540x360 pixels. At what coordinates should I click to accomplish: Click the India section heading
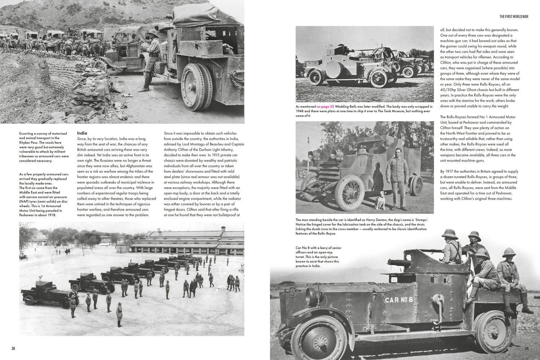[x=82, y=133]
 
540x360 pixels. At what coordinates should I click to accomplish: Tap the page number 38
[x=13, y=348]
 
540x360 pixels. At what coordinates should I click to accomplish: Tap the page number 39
[x=526, y=348]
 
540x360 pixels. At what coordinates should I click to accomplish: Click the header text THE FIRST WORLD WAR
[x=514, y=17]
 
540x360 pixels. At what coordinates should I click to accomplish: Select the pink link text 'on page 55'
[x=325, y=107]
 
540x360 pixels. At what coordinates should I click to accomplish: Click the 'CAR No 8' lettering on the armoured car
[x=399, y=300]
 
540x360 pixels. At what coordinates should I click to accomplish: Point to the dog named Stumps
[x=380, y=200]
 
